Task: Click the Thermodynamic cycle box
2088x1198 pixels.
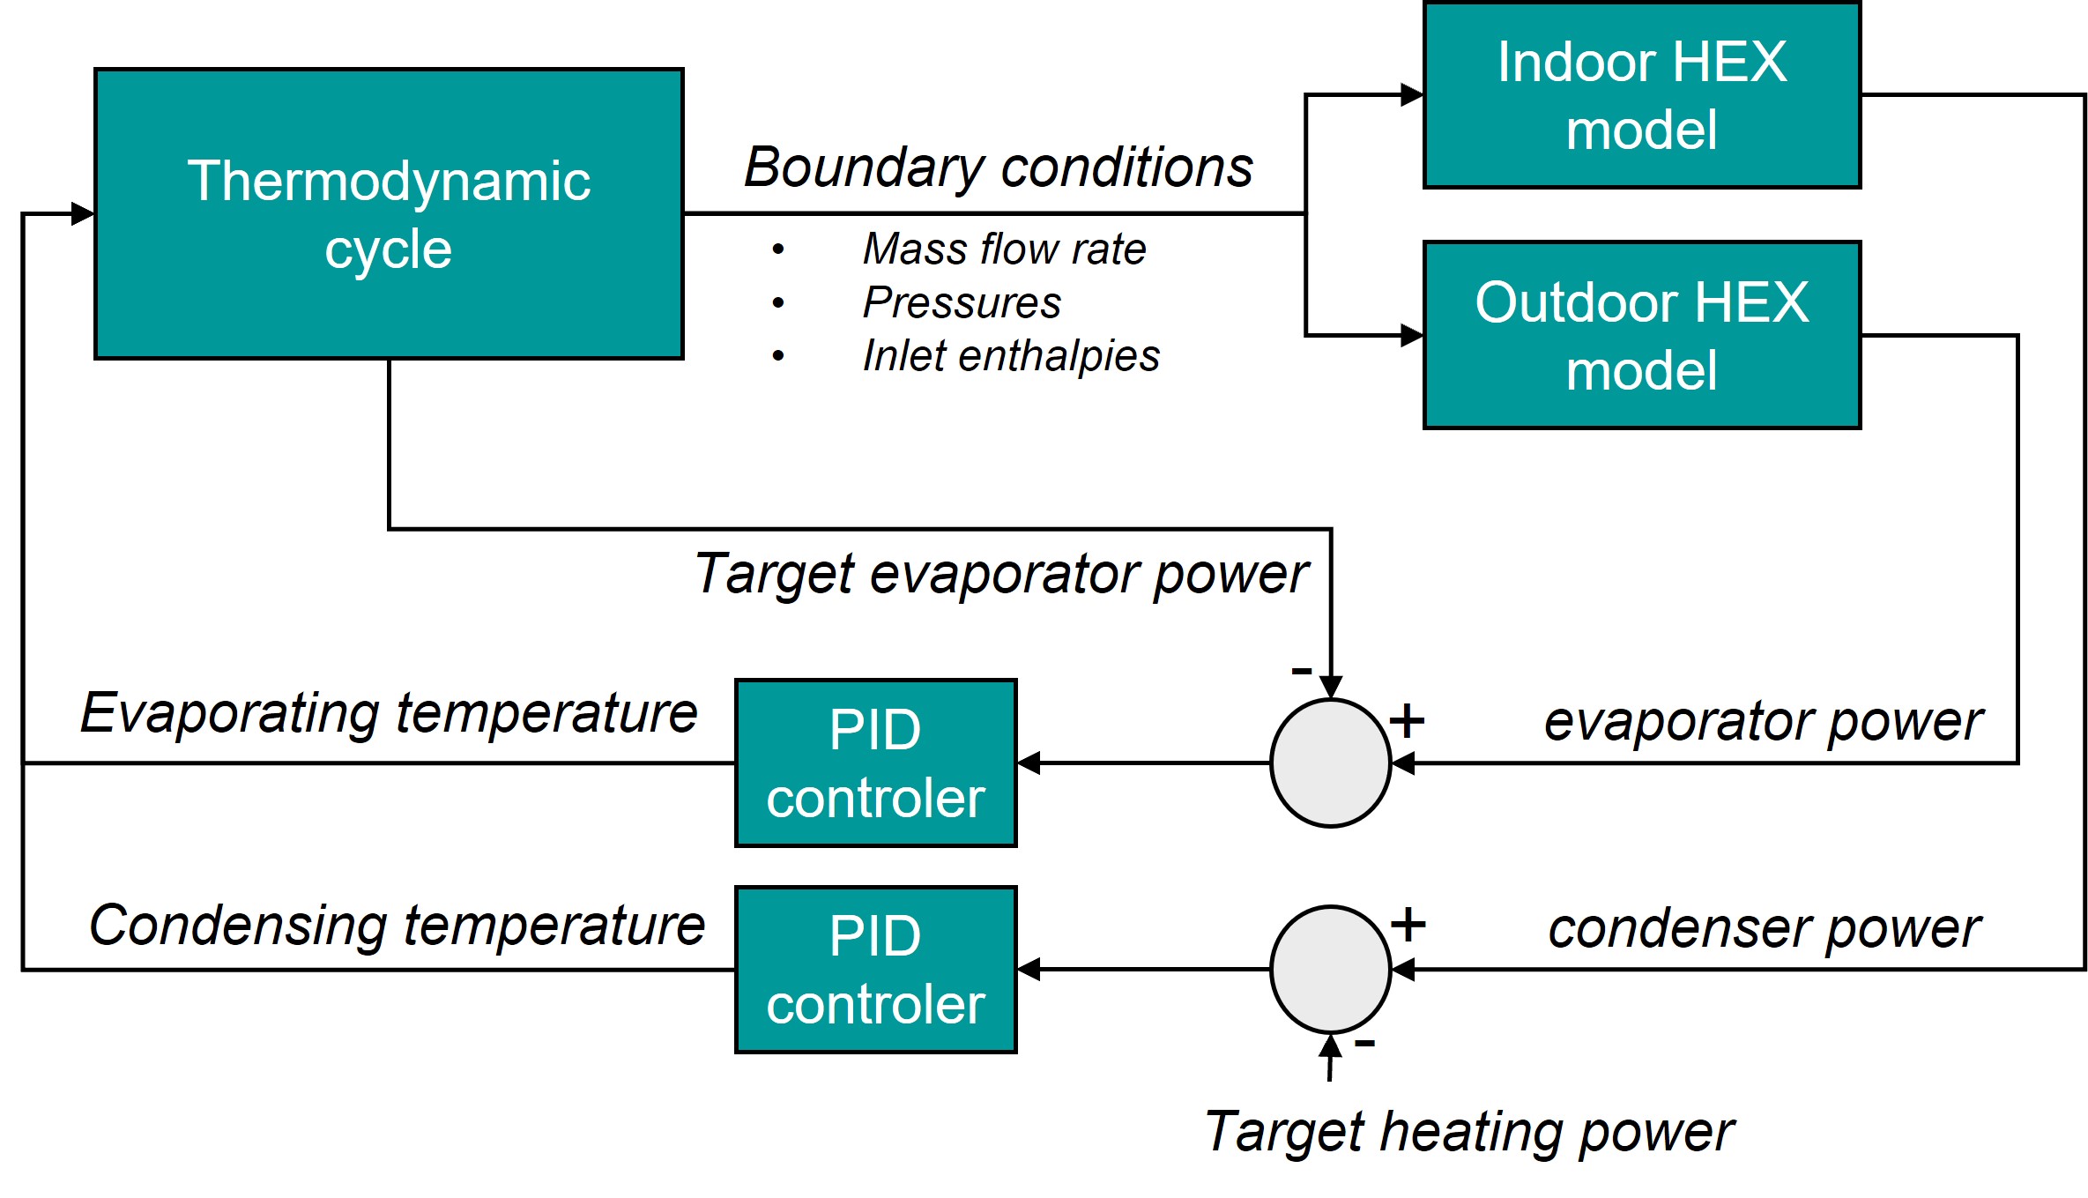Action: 389,213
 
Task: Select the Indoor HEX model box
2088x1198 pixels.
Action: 1641,95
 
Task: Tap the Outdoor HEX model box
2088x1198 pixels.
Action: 1641,335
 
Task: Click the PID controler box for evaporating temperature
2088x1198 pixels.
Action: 875,763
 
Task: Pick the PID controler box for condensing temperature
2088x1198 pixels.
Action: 875,969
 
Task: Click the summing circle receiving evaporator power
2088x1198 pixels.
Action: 1330,763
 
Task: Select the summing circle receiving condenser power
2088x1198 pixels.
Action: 1330,969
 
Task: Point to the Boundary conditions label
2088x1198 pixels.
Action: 998,167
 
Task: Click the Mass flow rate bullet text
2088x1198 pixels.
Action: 1004,249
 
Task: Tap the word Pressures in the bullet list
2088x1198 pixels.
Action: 962,302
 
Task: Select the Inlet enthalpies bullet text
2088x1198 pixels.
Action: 1011,356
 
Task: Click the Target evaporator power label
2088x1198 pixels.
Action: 1001,574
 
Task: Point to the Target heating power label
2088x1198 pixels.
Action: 1468,1131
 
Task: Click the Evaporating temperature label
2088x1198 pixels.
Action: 389,712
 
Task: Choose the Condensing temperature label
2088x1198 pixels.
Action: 397,926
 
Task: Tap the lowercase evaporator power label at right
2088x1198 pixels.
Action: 1764,721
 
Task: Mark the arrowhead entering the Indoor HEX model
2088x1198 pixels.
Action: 1412,95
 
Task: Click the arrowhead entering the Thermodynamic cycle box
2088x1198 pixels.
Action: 83,213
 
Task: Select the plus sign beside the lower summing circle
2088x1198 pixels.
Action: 1408,924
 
